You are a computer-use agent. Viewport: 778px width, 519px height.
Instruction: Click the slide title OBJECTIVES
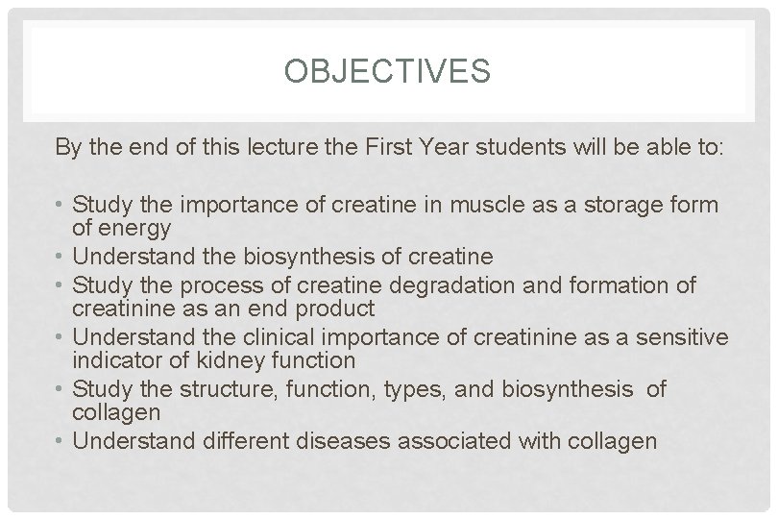389,71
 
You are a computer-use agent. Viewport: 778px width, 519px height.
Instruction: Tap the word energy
134,228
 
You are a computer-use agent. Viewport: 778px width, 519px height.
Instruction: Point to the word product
336,308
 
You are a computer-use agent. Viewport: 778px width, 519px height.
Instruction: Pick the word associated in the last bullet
458,442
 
